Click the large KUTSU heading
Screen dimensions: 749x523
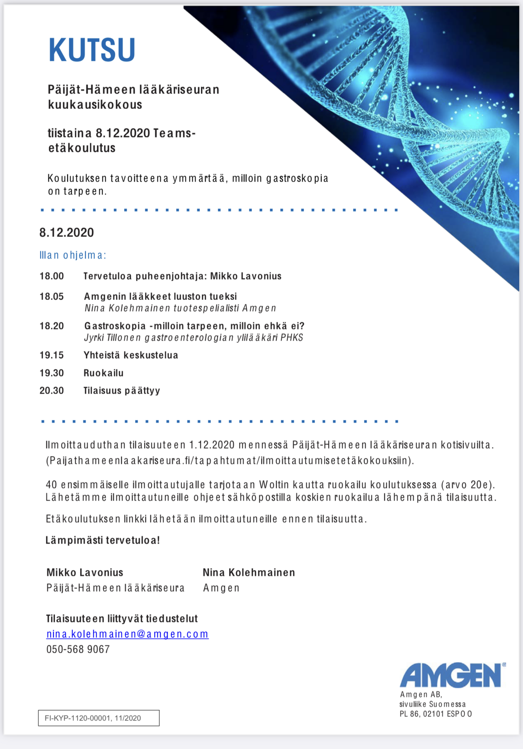92,50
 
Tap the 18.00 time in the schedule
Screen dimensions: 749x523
51,276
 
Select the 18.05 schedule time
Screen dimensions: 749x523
51,296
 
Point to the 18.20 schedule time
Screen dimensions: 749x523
51,326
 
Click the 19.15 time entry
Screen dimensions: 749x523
51,355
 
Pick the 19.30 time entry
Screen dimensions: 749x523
51,373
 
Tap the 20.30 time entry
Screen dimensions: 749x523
51,390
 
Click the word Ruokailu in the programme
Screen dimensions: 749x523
104,373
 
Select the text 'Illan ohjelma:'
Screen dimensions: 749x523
73,255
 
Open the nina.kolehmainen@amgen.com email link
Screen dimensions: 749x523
127,634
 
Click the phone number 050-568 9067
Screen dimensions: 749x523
78,649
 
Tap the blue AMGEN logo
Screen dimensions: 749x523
452,675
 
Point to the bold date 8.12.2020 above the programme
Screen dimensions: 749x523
67,232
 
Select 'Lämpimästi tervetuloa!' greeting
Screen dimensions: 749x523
103,540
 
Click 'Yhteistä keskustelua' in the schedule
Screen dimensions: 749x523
131,355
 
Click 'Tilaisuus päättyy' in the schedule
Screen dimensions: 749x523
122,390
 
